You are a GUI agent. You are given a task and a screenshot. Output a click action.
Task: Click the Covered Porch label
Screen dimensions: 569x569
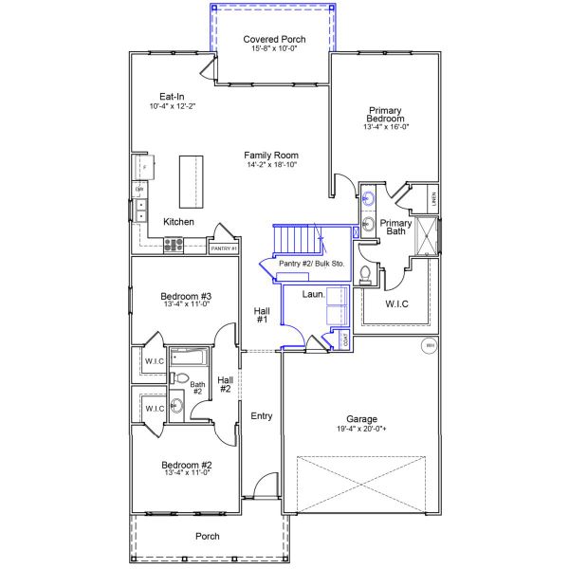click(274, 39)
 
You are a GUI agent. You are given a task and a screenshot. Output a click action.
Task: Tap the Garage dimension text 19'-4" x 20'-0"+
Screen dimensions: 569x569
click(361, 430)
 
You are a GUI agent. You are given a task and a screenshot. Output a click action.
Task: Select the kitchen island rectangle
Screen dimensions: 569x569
click(192, 182)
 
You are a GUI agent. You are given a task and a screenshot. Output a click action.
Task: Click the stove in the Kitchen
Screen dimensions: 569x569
click(174, 245)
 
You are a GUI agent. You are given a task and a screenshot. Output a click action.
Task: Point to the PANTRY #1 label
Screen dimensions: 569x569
click(223, 248)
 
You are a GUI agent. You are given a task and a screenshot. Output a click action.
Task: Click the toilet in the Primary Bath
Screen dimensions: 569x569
click(366, 275)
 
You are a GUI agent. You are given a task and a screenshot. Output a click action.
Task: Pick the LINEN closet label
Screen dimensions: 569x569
click(432, 199)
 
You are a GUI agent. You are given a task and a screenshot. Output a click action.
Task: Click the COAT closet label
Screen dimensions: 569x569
click(344, 339)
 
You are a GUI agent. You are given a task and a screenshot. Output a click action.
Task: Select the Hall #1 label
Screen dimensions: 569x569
click(262, 316)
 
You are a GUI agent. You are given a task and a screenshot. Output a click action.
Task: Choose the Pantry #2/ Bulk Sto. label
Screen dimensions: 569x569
click(312, 263)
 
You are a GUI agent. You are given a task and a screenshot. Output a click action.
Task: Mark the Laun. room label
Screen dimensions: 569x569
click(313, 294)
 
